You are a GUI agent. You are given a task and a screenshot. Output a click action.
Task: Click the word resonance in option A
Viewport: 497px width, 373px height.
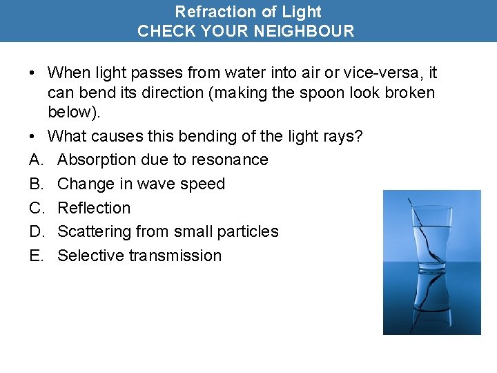tap(231, 160)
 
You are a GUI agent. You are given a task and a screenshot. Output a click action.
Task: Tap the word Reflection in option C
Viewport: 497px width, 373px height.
tap(94, 208)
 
